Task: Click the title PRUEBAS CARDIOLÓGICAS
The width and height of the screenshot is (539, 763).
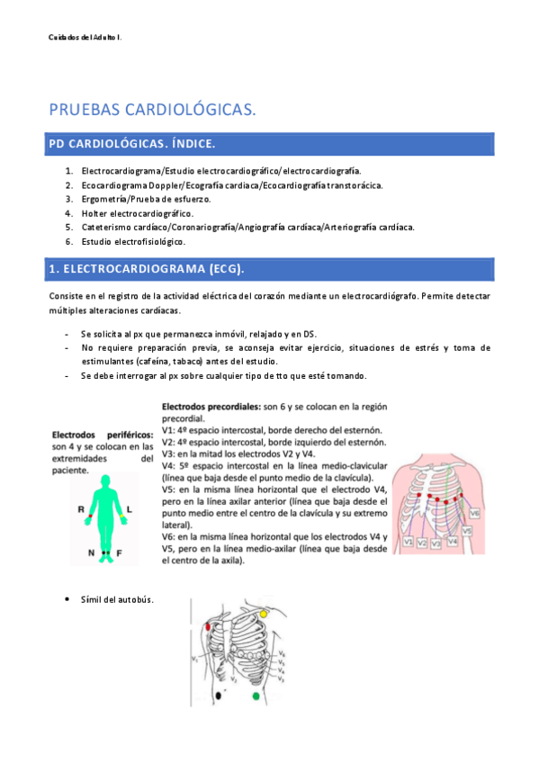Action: click(x=152, y=110)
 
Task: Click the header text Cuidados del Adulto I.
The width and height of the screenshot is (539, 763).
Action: click(x=85, y=37)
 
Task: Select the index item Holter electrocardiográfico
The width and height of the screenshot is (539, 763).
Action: click(x=137, y=213)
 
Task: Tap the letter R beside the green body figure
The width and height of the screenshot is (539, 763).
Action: click(x=81, y=509)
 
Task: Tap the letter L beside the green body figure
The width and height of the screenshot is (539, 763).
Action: click(x=129, y=509)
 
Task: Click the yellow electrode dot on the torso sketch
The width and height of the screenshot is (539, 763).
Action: click(x=264, y=613)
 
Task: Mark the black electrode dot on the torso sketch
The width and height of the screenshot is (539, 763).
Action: click(x=220, y=695)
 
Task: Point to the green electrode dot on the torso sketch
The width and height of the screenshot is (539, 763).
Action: click(x=257, y=696)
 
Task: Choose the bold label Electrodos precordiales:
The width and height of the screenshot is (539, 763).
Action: click(x=204, y=408)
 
